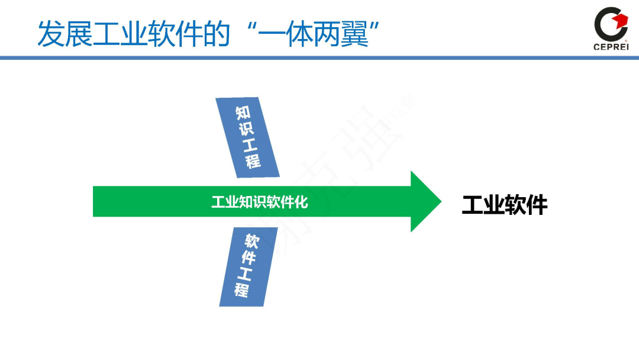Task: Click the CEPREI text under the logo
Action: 610,47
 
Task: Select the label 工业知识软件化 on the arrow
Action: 260,202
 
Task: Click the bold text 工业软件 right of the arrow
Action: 504,205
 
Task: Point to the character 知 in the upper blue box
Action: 243,112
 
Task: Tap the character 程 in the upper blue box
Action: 254,160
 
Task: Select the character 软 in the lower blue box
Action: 252,242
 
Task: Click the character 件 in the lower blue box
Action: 248,258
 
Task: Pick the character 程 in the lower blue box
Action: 241,290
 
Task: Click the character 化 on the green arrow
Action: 302,202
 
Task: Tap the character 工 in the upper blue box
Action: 250,144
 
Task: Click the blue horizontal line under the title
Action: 319,57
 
